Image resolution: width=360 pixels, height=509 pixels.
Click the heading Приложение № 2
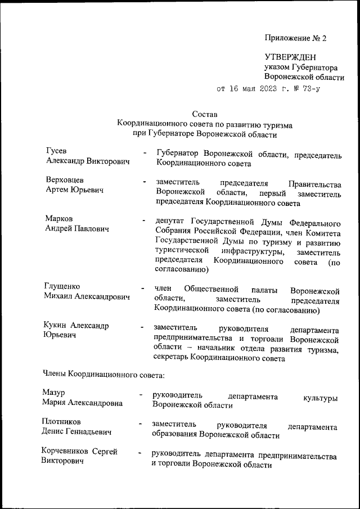pyautogui.click(x=295, y=39)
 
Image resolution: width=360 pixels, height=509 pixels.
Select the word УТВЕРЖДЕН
pyautogui.click(x=290, y=57)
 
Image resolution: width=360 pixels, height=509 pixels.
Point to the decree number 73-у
pyautogui.click(x=309, y=88)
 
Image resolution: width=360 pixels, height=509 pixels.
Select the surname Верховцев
pyautogui.click(x=65, y=180)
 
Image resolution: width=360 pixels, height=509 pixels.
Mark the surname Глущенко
pyautogui.click(x=64, y=286)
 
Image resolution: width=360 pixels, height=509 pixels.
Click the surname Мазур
pyautogui.click(x=54, y=392)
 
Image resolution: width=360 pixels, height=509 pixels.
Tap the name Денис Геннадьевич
pyautogui.click(x=76, y=432)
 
